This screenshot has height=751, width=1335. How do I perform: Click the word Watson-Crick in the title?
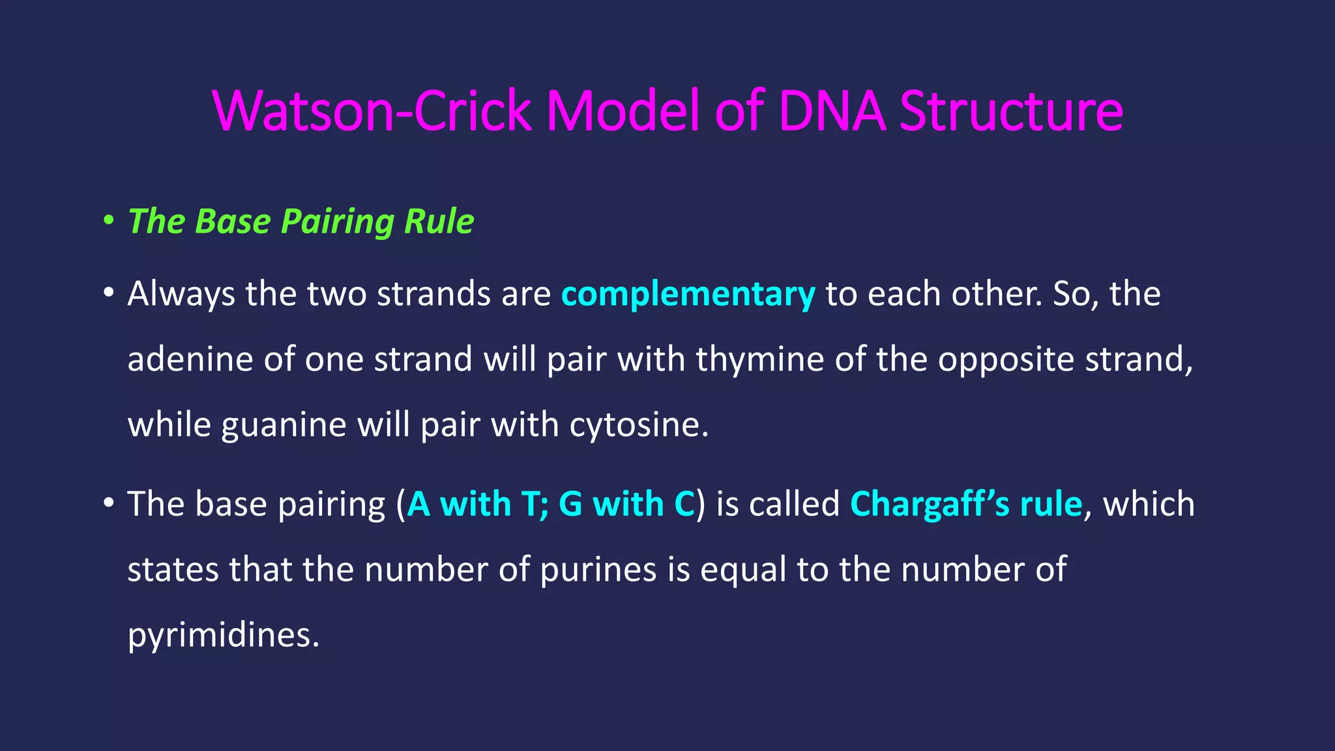coord(372,111)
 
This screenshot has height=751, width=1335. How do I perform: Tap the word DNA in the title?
coord(832,111)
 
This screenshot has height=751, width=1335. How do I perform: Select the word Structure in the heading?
coord(1011,111)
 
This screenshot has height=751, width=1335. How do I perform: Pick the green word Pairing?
coord(337,222)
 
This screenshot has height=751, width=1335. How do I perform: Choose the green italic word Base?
coord(232,221)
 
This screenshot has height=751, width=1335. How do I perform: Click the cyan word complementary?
coord(688,295)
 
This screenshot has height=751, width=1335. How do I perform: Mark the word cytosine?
coord(639,425)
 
